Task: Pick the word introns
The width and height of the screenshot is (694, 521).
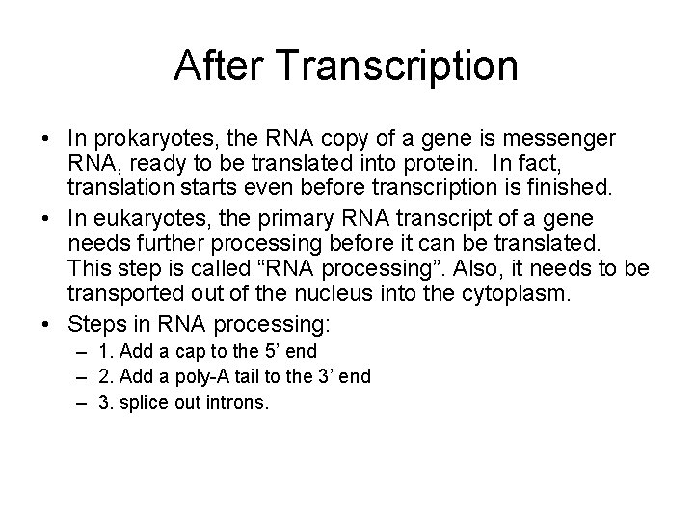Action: pyautogui.click(x=237, y=401)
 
